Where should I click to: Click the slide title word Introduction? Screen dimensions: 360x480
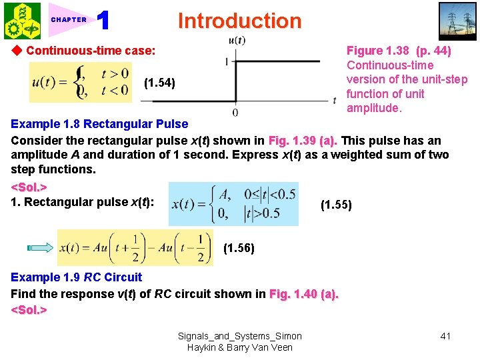click(239, 21)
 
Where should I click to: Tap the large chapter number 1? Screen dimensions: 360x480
click(103, 21)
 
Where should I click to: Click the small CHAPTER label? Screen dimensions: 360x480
click(69, 20)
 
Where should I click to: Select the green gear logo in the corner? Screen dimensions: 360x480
click(21, 21)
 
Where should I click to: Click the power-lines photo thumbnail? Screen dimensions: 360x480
click(457, 21)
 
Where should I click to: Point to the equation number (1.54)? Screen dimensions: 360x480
click(159, 83)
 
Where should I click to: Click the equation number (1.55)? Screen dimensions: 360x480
click(337, 205)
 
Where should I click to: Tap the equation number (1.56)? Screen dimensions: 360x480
click(239, 248)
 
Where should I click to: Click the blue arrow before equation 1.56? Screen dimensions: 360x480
click(41, 248)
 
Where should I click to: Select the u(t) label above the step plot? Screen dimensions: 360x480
click(237, 40)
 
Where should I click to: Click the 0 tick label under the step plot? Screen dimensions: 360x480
click(235, 112)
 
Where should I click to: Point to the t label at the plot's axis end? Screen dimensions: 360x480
click(335, 100)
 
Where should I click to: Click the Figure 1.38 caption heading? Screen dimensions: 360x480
click(399, 51)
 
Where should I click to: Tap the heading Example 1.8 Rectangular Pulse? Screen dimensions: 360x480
click(99, 124)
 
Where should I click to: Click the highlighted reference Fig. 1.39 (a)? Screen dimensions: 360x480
click(303, 140)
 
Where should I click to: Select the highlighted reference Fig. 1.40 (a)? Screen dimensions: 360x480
click(303, 294)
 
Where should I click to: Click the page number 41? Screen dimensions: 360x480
click(445, 336)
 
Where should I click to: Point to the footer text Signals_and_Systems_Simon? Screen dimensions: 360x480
click(239, 336)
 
